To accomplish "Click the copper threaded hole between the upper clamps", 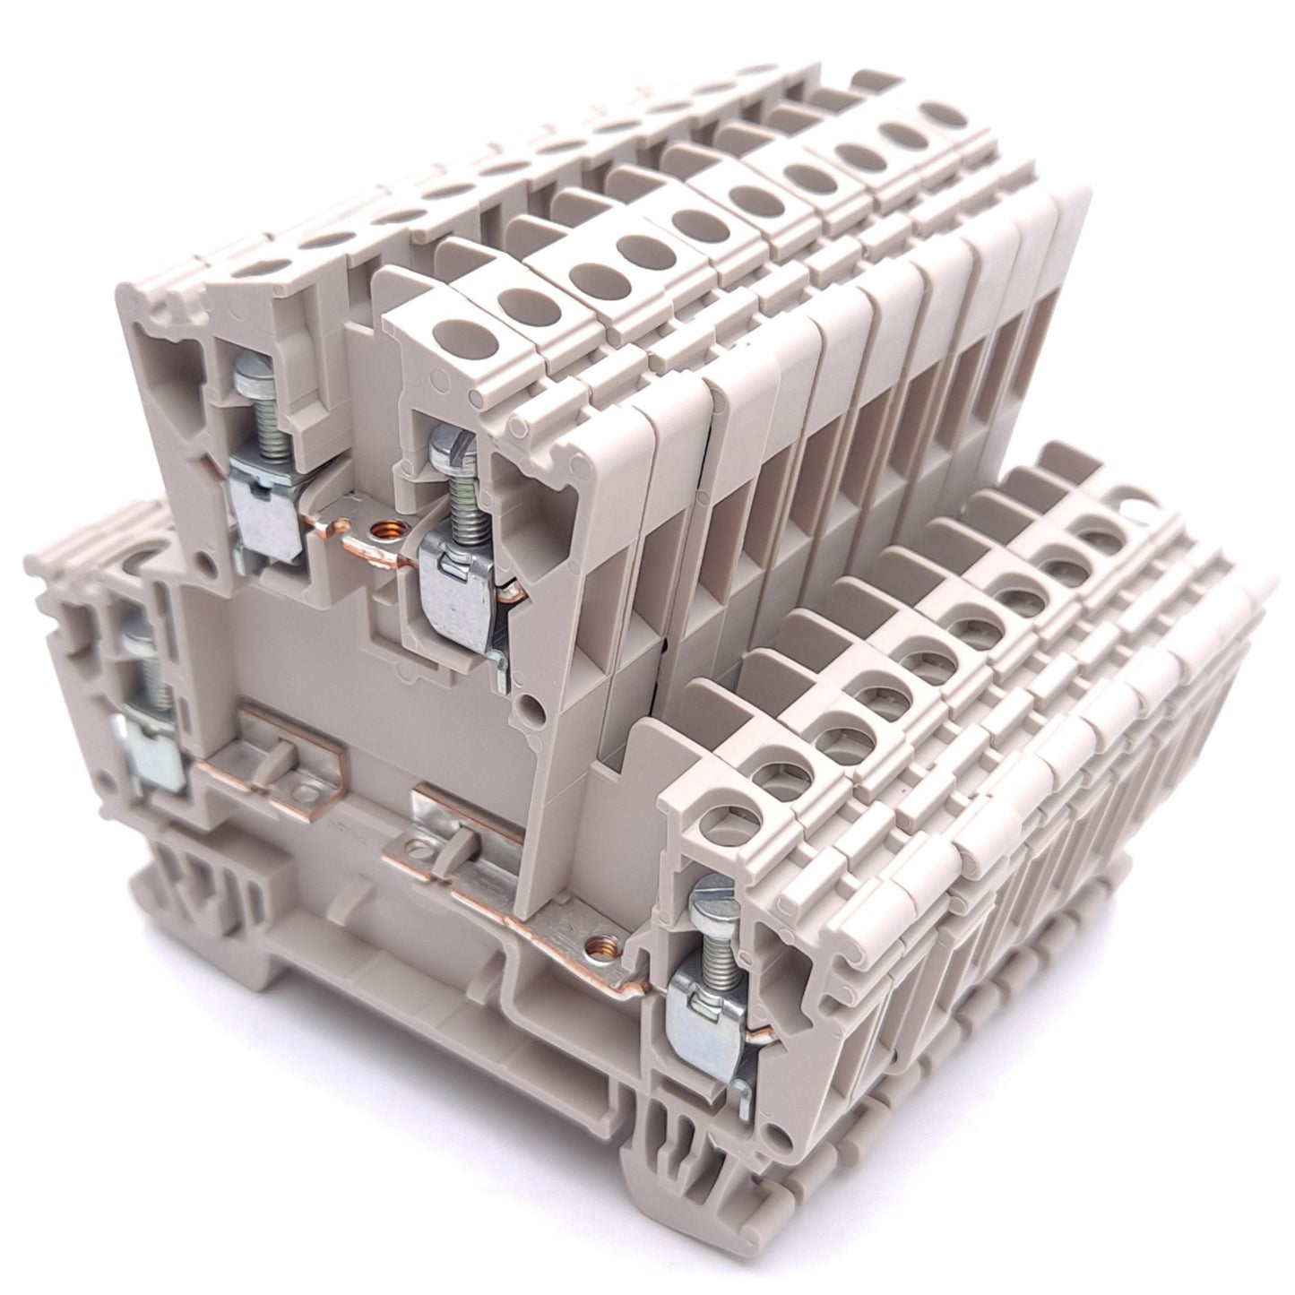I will [x=389, y=531].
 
